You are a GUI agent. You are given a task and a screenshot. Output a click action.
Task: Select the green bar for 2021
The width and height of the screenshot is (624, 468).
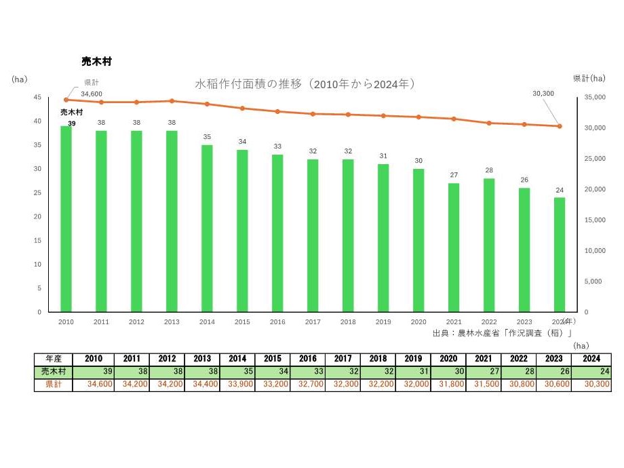click(x=454, y=247)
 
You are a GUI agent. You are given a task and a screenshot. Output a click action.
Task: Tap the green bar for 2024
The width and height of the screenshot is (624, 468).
click(x=560, y=254)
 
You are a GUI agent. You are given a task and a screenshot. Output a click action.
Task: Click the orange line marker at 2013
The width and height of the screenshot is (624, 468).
click(x=172, y=101)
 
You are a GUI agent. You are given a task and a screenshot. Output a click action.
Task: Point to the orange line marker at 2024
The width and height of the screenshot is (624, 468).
click(x=560, y=126)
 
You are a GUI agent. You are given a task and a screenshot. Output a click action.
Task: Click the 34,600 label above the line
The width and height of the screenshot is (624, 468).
click(x=92, y=94)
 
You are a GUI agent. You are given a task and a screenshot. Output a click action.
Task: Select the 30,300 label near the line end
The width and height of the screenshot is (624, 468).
click(x=544, y=94)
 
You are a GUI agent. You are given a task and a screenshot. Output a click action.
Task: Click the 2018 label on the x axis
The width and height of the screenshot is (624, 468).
click(x=348, y=322)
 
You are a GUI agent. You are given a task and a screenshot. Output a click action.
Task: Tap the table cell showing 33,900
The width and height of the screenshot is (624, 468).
click(x=237, y=385)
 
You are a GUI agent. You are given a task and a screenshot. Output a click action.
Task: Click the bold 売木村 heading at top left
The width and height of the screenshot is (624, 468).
click(x=96, y=61)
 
